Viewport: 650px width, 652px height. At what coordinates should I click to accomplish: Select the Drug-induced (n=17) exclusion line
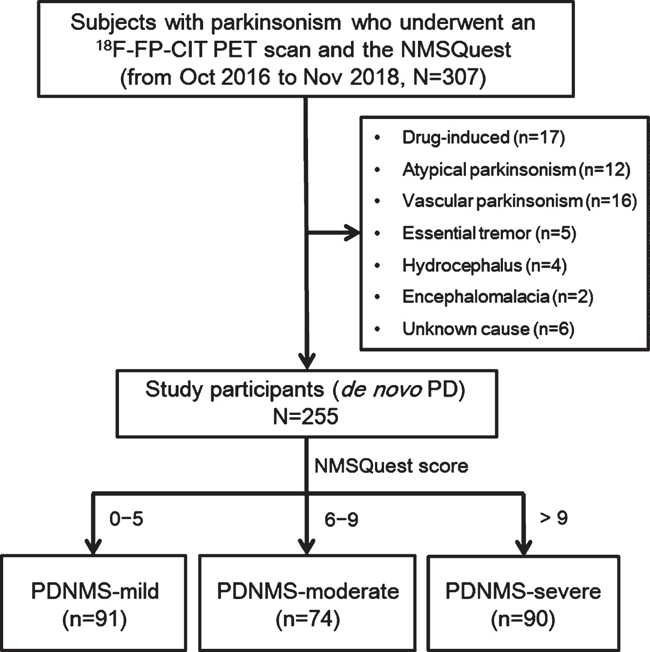(x=484, y=138)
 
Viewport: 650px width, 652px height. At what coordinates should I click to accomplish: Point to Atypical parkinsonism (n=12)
(x=517, y=170)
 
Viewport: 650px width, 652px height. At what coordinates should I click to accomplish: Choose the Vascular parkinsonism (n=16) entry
(x=519, y=201)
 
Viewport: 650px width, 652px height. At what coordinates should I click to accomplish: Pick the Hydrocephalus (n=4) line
(x=484, y=265)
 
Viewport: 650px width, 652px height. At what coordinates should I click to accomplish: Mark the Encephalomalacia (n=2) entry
(x=498, y=297)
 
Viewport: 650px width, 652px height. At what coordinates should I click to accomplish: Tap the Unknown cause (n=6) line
(x=488, y=329)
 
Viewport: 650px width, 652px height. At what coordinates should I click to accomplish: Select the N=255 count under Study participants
(x=305, y=416)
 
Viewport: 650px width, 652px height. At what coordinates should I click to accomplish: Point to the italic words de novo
(x=381, y=390)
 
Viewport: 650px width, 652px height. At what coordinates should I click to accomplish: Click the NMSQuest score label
(x=391, y=466)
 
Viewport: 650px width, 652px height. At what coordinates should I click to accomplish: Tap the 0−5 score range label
(x=126, y=519)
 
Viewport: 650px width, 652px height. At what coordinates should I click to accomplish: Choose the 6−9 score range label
(x=341, y=519)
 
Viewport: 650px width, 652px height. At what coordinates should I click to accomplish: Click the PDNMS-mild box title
(x=95, y=591)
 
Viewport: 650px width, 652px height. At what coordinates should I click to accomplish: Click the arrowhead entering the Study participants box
(x=307, y=361)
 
